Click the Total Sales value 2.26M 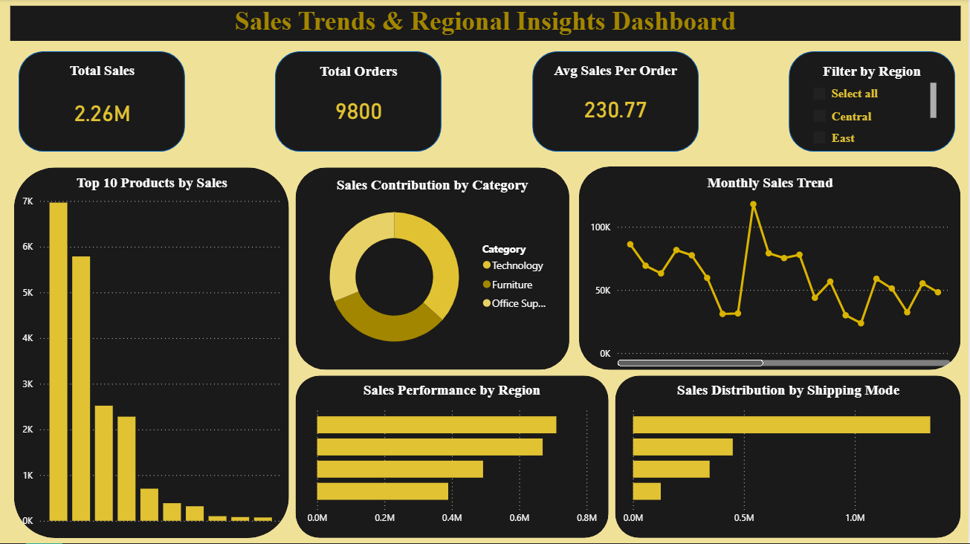(102, 114)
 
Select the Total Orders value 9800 (358, 111)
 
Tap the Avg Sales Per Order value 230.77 (615, 110)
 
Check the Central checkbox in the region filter (819, 116)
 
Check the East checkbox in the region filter (819, 137)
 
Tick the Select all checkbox (819, 94)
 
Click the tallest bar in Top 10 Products (58, 361)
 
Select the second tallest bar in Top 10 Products (81, 388)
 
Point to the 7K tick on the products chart (28, 201)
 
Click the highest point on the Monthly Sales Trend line (753, 204)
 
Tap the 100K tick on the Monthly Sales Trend (601, 227)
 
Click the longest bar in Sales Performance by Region (436, 424)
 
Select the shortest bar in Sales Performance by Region (382, 491)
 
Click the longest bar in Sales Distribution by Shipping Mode (781, 424)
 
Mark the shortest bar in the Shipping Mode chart (647, 491)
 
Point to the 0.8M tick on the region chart (586, 517)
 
